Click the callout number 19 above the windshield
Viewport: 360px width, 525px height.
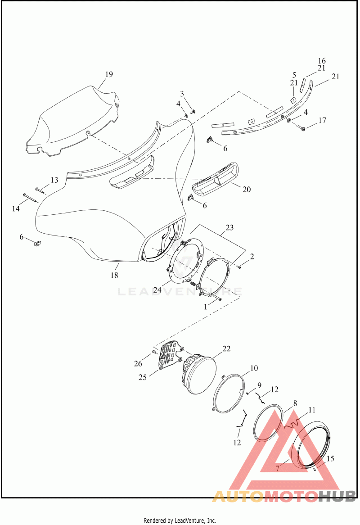(109, 74)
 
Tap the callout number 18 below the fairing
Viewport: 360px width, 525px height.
(114, 275)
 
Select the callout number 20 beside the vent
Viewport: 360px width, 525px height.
(247, 189)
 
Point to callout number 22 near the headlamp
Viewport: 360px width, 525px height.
(226, 348)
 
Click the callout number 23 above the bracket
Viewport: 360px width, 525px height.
(229, 228)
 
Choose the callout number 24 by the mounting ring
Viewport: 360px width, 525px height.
(157, 290)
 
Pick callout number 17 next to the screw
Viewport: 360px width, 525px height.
(322, 120)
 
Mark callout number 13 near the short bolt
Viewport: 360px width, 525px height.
(54, 180)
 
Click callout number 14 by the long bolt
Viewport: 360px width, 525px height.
(16, 208)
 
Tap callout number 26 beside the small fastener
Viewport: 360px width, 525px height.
(138, 364)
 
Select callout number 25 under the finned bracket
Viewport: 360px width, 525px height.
(143, 377)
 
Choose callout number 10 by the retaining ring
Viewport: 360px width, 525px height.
(254, 368)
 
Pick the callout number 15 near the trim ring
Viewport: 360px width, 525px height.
(330, 458)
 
